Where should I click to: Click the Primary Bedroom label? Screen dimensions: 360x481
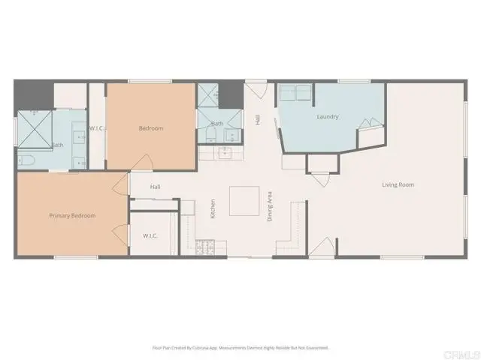click(x=73, y=216)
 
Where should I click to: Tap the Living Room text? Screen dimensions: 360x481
click(x=398, y=184)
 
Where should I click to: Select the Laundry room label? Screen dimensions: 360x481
click(x=328, y=117)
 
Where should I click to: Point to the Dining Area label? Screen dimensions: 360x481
click(x=270, y=205)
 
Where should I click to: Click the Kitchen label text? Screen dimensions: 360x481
click(x=213, y=208)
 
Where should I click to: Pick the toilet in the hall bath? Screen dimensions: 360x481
click(x=210, y=136)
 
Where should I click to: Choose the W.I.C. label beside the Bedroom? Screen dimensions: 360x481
click(x=96, y=128)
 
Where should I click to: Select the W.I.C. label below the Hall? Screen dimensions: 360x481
click(x=150, y=236)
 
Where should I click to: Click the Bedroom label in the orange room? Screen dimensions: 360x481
click(x=150, y=128)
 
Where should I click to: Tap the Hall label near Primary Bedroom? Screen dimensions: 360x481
click(x=156, y=187)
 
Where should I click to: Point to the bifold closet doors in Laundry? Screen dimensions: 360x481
click(x=368, y=125)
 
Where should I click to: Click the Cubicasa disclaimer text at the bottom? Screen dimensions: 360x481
click(x=240, y=347)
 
